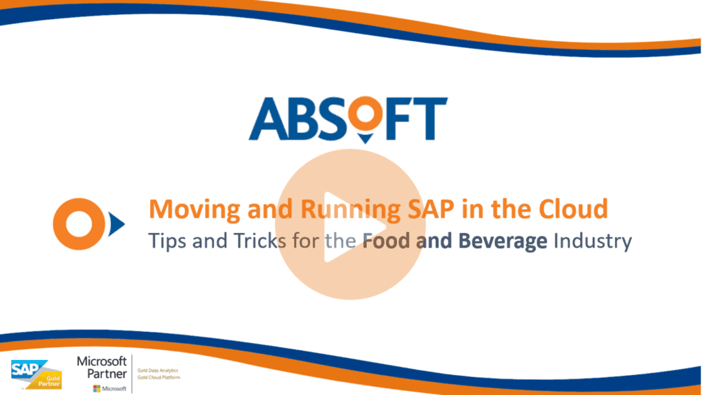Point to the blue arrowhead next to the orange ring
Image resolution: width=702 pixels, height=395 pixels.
point(116,222)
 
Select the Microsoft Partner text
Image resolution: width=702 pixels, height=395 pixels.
point(101,368)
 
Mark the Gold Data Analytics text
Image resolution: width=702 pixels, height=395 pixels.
point(158,370)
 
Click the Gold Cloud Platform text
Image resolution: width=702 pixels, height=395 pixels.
point(157,376)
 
